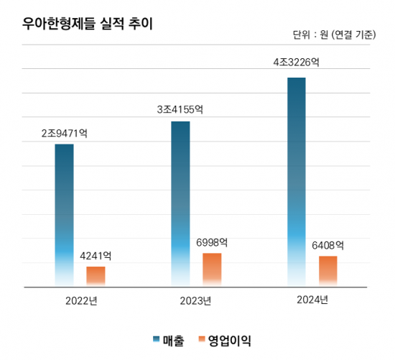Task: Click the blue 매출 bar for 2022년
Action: point(64,215)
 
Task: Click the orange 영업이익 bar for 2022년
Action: point(96,276)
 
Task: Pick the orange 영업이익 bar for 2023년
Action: point(212,269)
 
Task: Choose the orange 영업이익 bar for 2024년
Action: point(328,271)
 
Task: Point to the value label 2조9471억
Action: point(64,134)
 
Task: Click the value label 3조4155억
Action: point(180,110)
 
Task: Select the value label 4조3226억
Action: point(296,63)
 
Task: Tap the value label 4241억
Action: point(96,256)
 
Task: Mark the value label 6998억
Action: point(212,242)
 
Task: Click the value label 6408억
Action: point(328,245)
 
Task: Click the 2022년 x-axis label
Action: point(80,300)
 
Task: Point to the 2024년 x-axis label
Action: point(312,300)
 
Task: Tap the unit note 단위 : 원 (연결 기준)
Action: point(334,34)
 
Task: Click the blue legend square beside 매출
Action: point(157,339)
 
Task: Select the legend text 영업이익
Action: point(230,339)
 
